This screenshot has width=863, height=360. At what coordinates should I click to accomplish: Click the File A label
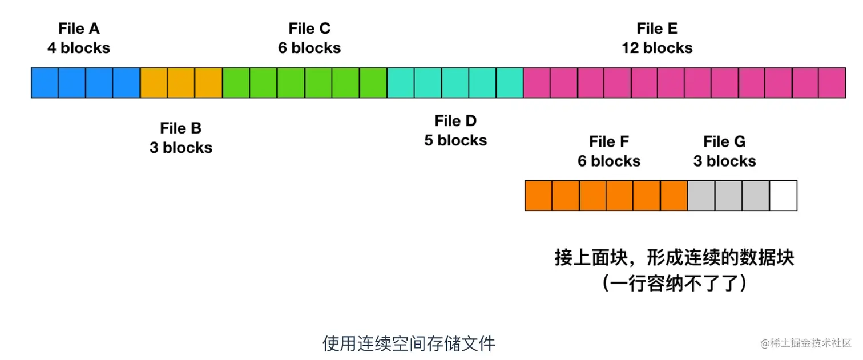click(79, 29)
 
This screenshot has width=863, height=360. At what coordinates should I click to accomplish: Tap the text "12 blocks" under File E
click(657, 48)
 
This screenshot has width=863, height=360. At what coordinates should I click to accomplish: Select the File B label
click(181, 128)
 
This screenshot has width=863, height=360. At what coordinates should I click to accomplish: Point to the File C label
click(309, 29)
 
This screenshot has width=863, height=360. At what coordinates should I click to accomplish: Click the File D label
click(455, 121)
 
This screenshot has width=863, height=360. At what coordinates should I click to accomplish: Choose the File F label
click(609, 141)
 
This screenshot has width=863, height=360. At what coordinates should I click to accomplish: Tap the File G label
click(724, 141)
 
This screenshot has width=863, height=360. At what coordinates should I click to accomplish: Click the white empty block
click(783, 196)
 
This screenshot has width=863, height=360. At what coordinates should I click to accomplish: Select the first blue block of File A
click(45, 83)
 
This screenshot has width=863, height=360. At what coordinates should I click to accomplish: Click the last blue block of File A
click(127, 83)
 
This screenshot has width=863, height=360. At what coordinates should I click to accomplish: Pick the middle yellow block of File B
click(181, 83)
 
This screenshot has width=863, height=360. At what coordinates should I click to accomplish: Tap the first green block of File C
click(236, 83)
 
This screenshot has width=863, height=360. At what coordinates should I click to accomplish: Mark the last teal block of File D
click(510, 83)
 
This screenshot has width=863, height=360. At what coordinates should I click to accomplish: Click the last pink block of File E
click(832, 83)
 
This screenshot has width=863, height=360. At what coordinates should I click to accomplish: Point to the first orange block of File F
click(538, 196)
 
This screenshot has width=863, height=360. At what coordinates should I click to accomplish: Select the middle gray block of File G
click(729, 196)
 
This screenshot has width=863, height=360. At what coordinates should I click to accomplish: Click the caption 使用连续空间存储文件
click(409, 343)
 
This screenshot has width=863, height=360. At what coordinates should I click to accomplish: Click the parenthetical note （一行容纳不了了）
click(674, 283)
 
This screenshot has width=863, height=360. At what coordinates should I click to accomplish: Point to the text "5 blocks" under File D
click(455, 140)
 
